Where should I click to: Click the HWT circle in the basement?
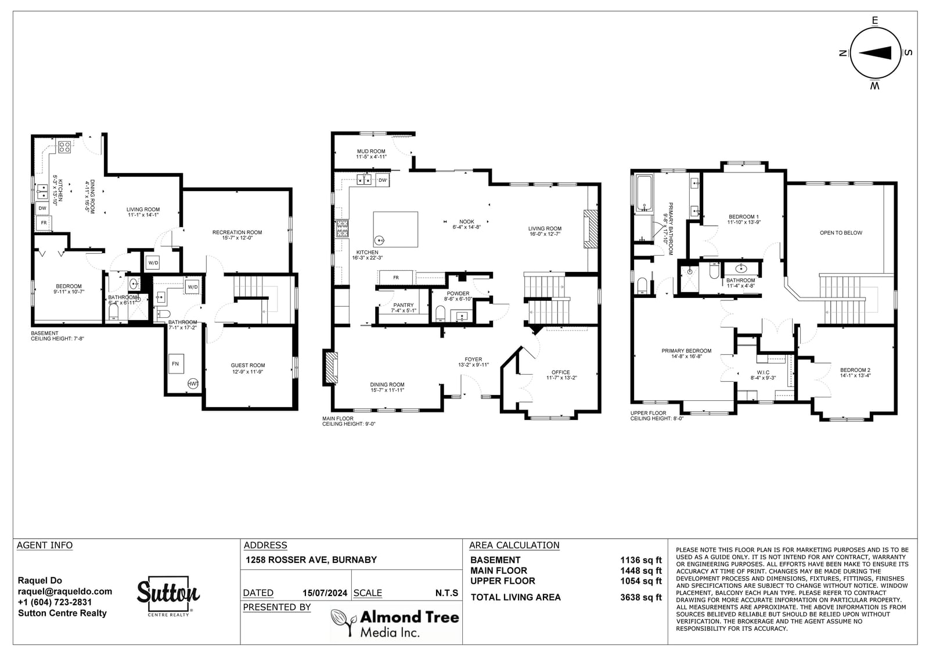click(193, 383)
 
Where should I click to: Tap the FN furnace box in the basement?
click(176, 364)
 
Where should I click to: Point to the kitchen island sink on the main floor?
click(380, 240)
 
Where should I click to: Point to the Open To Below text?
click(841, 233)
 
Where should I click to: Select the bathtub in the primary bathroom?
click(644, 194)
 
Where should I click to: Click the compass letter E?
click(875, 20)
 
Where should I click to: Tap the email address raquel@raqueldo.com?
click(64, 591)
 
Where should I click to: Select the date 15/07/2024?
click(325, 593)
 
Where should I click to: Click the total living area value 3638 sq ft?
click(641, 597)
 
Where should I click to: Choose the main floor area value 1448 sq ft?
click(641, 570)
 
